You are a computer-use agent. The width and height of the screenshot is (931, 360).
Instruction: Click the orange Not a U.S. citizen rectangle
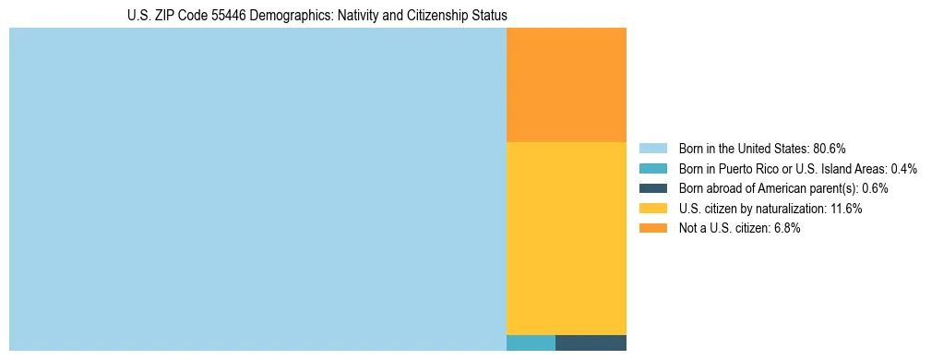click(567, 85)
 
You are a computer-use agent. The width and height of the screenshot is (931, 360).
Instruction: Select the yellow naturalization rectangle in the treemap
click(567, 237)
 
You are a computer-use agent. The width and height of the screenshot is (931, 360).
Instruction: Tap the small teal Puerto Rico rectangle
click(531, 342)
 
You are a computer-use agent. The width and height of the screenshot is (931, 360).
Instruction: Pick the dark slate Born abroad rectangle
click(591, 342)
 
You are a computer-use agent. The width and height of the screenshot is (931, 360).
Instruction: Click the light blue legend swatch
click(652, 149)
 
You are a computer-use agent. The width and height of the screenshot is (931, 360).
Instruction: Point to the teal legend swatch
click(652, 169)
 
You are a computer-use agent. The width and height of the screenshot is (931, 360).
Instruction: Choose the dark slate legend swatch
click(652, 188)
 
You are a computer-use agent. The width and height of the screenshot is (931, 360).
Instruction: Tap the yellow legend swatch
click(652, 209)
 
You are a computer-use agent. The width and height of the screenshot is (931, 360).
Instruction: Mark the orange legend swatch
click(652, 228)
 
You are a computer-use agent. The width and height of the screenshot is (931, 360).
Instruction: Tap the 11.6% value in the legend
click(846, 209)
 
